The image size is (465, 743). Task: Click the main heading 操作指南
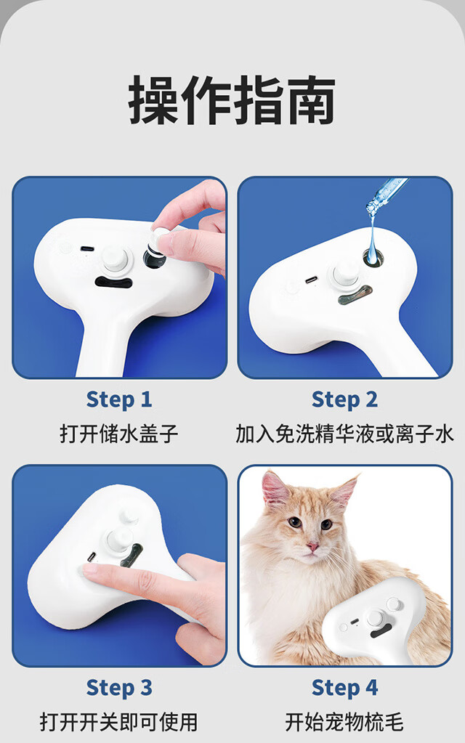coord(232,100)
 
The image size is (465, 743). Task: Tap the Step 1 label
coord(119,399)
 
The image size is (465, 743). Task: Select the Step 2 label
coord(344,399)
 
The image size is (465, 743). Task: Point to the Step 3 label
coord(119,688)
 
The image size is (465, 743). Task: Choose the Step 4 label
coord(344,688)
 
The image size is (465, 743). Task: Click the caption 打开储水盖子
coord(119,434)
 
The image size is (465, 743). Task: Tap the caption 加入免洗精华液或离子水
coord(344,434)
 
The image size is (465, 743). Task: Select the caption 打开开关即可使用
coord(119,722)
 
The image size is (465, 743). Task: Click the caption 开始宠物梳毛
coord(344,722)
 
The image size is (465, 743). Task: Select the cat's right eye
coord(326,524)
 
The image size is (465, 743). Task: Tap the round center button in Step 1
coord(116,259)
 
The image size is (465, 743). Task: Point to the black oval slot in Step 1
coord(113,283)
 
